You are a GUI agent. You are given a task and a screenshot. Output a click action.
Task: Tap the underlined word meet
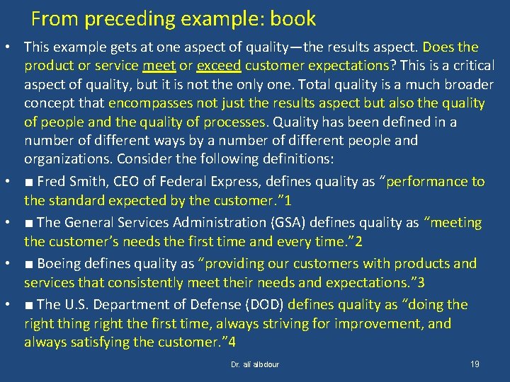159,66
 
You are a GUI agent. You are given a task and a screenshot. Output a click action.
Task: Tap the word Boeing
59,264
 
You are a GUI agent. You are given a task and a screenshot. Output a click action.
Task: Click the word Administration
205,223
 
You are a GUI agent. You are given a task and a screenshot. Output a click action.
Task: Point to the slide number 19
475,364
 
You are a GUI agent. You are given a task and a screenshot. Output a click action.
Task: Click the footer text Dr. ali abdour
255,365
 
